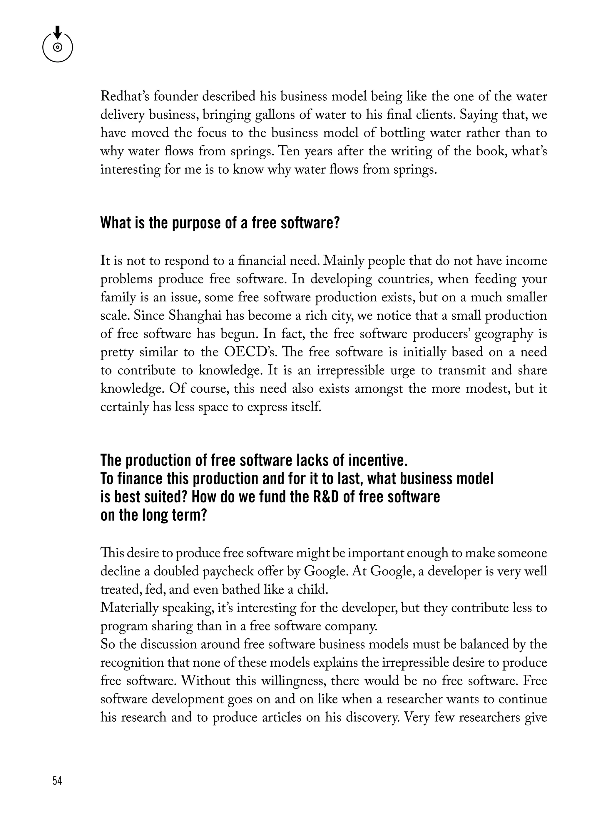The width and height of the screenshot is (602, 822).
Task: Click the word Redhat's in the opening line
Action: pos(124,97)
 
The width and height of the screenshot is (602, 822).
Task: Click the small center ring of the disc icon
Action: pos(58,47)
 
